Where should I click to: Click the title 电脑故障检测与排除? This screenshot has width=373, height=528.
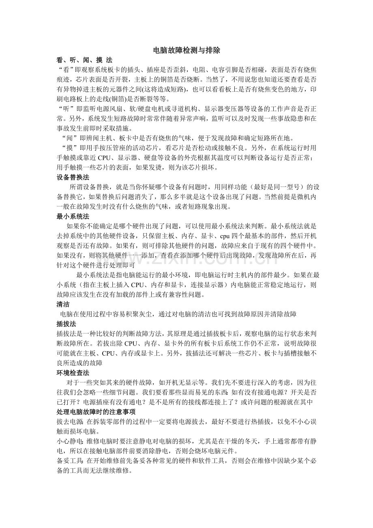pos(186,51)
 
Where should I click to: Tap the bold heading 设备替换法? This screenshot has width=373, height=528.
pos(73,177)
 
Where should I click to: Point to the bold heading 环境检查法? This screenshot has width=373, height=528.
pos(73,373)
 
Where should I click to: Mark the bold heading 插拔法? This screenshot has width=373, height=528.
pos(66,324)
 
